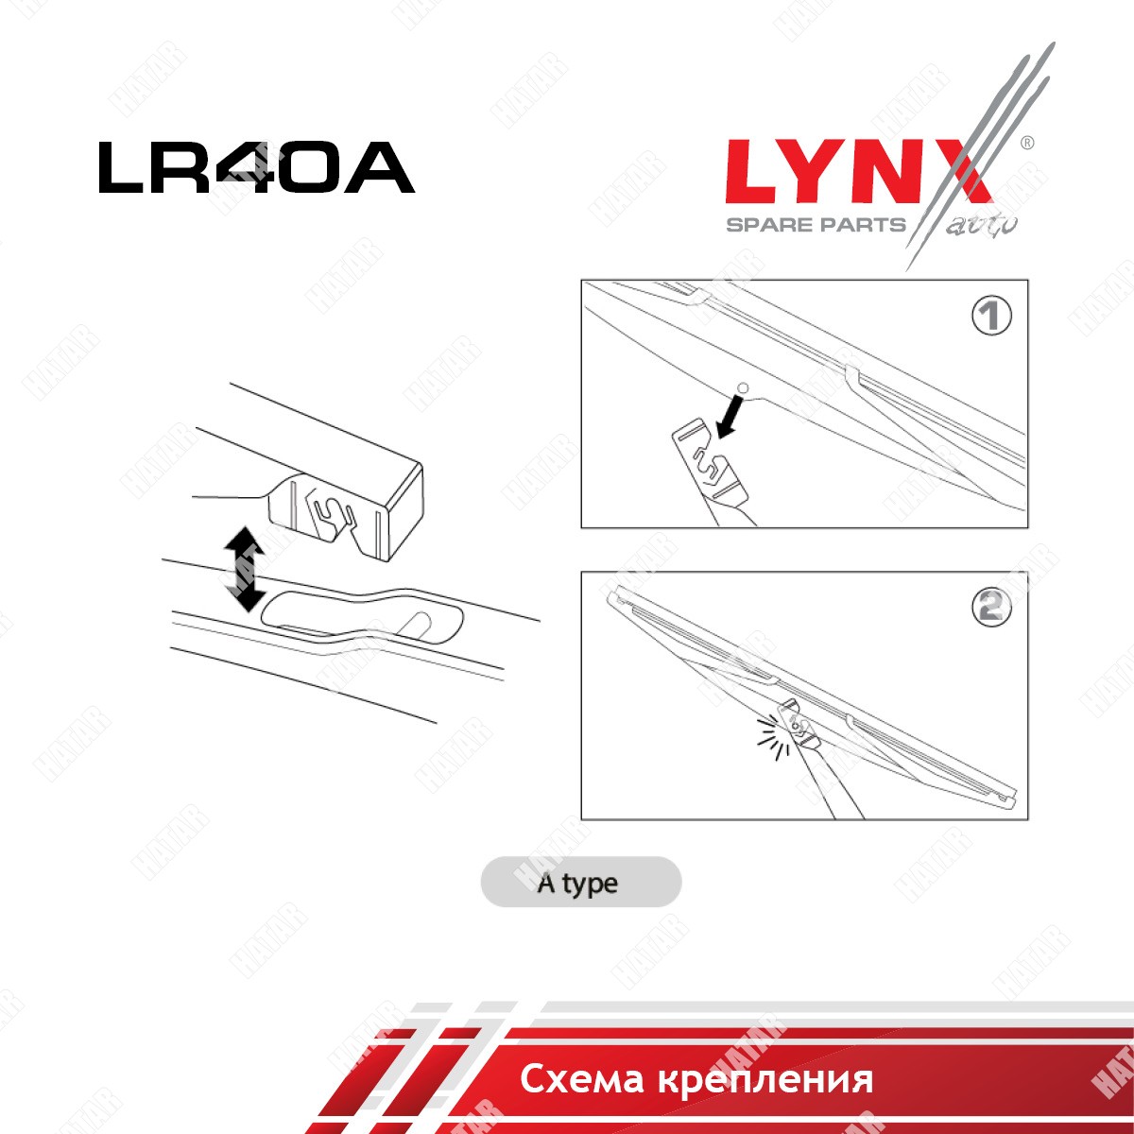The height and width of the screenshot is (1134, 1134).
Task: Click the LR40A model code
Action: tap(257, 167)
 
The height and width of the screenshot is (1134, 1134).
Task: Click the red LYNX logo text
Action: tap(859, 171)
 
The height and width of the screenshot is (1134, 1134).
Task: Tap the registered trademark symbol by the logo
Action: tap(1026, 143)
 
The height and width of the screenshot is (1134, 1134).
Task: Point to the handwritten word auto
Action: tap(982, 226)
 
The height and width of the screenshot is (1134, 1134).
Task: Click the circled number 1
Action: tap(991, 316)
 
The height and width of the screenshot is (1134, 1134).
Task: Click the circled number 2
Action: tap(991, 607)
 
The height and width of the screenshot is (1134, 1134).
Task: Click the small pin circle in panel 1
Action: tap(744, 387)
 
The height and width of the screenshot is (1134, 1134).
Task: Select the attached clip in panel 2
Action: tap(799, 724)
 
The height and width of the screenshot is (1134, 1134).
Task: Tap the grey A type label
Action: tap(581, 882)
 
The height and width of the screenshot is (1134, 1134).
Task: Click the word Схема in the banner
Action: tap(581, 1079)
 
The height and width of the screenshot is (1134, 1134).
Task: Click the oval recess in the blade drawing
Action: tap(361, 615)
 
